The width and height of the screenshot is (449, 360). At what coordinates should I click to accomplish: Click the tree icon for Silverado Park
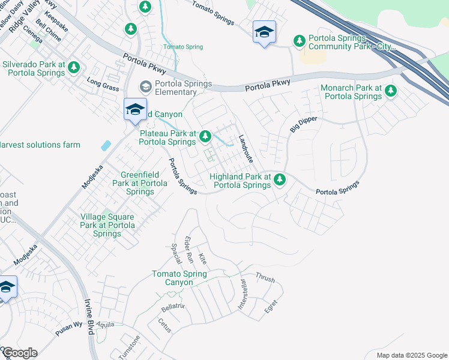tap(74, 67)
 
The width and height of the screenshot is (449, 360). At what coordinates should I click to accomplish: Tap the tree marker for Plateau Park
tap(205, 137)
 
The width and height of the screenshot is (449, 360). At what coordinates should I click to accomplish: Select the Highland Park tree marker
tap(280, 179)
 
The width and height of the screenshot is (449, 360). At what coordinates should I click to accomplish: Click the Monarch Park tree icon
tap(391, 91)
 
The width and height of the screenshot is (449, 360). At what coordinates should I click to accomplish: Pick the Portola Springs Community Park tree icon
tap(299, 41)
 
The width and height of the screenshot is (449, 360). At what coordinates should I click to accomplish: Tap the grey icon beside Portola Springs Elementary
tap(145, 87)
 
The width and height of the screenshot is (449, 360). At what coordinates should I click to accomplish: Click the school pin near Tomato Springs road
tap(264, 32)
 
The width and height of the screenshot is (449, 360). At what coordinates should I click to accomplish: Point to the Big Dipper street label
tap(303, 124)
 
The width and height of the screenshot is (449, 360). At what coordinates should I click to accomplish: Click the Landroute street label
tap(246, 149)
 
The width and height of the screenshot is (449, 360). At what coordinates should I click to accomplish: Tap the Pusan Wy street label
tap(69, 325)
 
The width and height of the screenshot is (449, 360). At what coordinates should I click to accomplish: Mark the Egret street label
tap(271, 307)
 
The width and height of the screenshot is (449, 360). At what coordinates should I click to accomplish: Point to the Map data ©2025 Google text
tap(411, 355)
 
